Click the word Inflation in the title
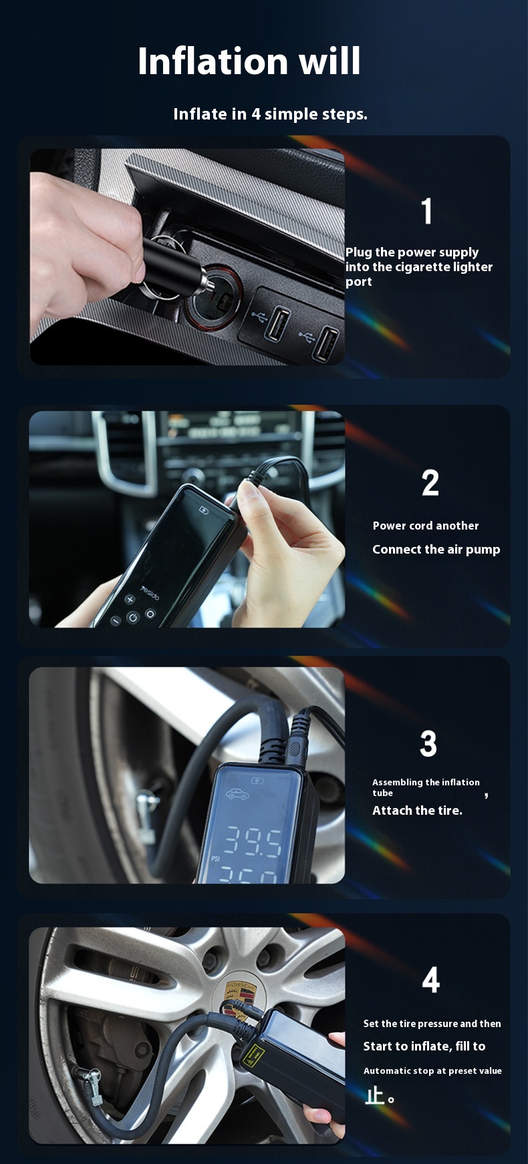(213, 61)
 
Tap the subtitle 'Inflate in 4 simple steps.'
(270, 114)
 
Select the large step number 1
(427, 211)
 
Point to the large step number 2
(430, 483)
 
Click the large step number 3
(428, 743)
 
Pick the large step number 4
(431, 980)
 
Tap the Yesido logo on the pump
(150, 593)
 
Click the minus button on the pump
(116, 621)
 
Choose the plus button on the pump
(130, 600)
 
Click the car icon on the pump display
(237, 794)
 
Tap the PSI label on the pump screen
(216, 858)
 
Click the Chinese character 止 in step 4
(374, 1095)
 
